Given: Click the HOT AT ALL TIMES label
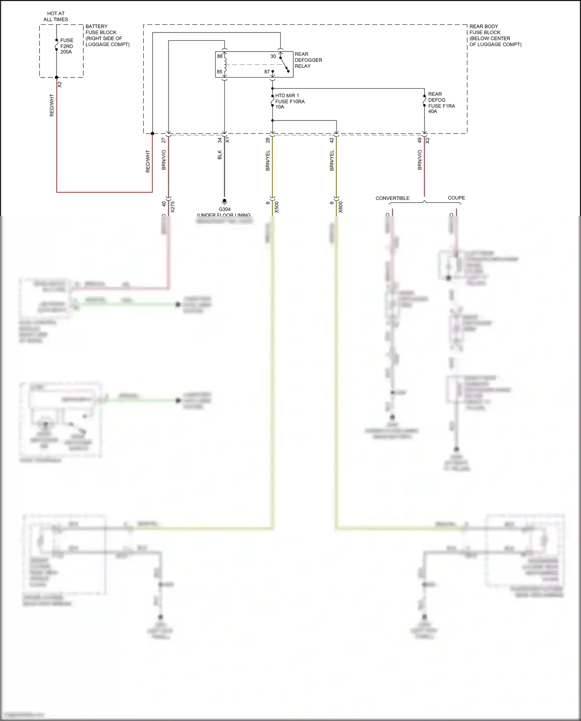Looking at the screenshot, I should tap(56, 16).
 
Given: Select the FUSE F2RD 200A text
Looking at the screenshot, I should tap(66, 46).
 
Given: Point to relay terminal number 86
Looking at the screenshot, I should tap(220, 56).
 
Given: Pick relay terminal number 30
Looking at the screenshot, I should tap(273, 56).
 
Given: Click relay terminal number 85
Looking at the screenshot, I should tap(220, 72).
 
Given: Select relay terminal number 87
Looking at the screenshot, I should tap(267, 72).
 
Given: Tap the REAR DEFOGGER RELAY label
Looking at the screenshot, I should tap(308, 60).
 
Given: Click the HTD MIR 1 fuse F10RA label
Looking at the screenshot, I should tap(289, 101).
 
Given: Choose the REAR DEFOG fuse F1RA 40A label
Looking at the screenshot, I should tap(441, 103).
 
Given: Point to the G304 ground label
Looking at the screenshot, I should tap(224, 209).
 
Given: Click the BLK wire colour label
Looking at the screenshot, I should tap(220, 155).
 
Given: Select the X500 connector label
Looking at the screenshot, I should tap(277, 207).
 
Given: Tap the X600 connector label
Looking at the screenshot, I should tap(340, 207).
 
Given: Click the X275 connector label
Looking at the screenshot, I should tap(173, 207).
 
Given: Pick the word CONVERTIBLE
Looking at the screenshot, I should tap(392, 198).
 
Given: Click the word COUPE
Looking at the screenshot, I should tap(456, 198).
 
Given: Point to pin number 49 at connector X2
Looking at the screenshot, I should tap(419, 140).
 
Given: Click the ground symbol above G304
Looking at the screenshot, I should tap(224, 201).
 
